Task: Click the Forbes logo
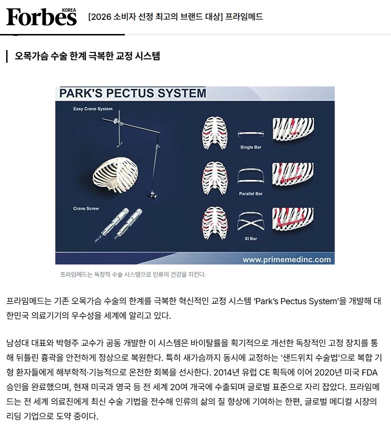[41, 17]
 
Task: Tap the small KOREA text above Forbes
[69, 10]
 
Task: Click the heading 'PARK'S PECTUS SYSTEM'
[133, 93]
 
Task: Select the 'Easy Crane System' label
[93, 109]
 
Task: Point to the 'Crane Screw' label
[86, 208]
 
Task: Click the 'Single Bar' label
[251, 147]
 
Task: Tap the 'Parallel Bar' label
[251, 194]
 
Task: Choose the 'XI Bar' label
[251, 239]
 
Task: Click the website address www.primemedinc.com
[287, 260]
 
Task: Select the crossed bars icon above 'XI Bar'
[251, 222]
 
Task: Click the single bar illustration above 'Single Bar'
[251, 134]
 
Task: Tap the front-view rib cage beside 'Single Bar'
[215, 133]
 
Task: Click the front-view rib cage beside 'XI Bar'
[215, 223]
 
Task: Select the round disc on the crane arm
[115, 121]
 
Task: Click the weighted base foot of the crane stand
[152, 195]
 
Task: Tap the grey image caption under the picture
[133, 274]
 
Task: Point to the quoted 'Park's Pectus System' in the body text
[296, 301]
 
